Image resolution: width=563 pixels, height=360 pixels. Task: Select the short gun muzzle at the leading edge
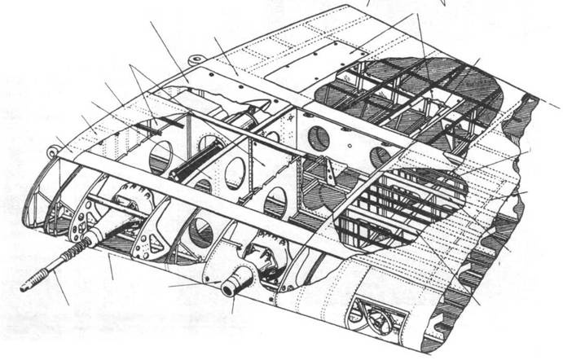[230, 289]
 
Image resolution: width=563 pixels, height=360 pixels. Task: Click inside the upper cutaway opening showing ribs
[407, 98]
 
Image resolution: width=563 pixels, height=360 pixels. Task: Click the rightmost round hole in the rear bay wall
[380, 156]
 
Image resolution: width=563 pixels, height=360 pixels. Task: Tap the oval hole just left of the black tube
[161, 155]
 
